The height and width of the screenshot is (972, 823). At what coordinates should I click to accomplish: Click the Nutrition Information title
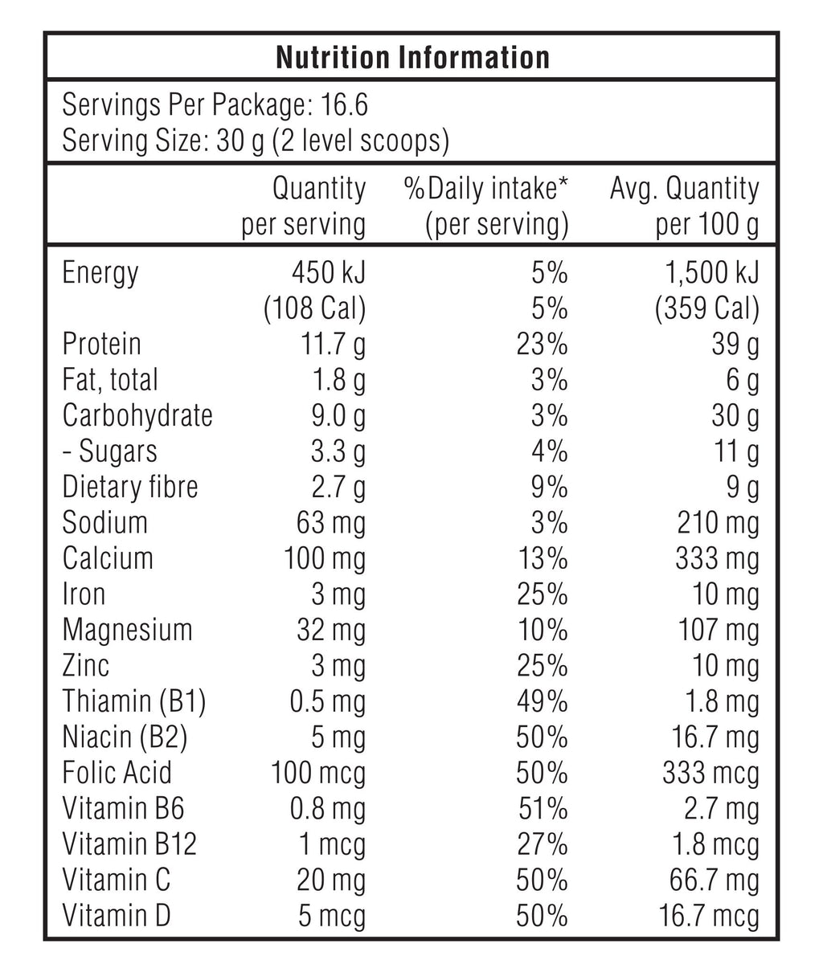pyautogui.click(x=412, y=57)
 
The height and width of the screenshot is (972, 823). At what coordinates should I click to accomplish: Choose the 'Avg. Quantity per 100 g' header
pyautogui.click(x=685, y=207)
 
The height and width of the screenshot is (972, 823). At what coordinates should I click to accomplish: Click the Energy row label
pyautogui.click(x=100, y=273)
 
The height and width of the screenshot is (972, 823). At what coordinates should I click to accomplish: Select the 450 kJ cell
pyautogui.click(x=328, y=273)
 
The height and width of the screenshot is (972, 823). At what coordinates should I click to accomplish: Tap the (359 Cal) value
pyautogui.click(x=706, y=308)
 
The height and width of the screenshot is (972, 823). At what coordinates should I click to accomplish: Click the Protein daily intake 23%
pyautogui.click(x=542, y=345)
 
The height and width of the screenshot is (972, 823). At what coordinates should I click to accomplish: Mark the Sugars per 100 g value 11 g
pyautogui.click(x=737, y=451)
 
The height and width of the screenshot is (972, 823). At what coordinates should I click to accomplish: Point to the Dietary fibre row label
pyautogui.click(x=130, y=487)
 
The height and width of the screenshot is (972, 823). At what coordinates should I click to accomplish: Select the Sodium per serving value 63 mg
pyautogui.click(x=331, y=523)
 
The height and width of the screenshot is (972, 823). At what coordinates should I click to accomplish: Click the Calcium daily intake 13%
pyautogui.click(x=542, y=558)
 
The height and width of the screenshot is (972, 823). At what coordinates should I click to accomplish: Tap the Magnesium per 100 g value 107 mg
pyautogui.click(x=719, y=630)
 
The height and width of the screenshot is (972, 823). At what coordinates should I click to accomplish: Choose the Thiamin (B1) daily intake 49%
pyautogui.click(x=542, y=701)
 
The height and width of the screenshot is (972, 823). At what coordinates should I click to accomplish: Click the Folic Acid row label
pyautogui.click(x=117, y=773)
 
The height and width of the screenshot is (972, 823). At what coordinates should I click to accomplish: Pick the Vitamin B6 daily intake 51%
pyautogui.click(x=542, y=809)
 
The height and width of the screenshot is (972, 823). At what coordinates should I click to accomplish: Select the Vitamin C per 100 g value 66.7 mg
pyautogui.click(x=714, y=880)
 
